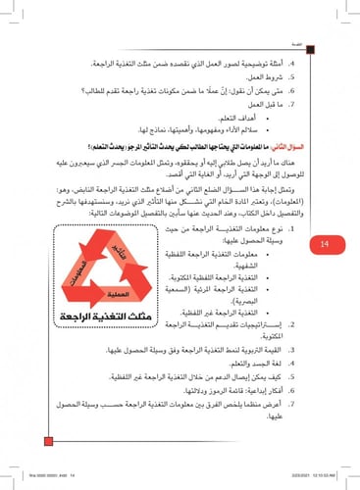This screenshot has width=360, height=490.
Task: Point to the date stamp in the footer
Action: point(323,478)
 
